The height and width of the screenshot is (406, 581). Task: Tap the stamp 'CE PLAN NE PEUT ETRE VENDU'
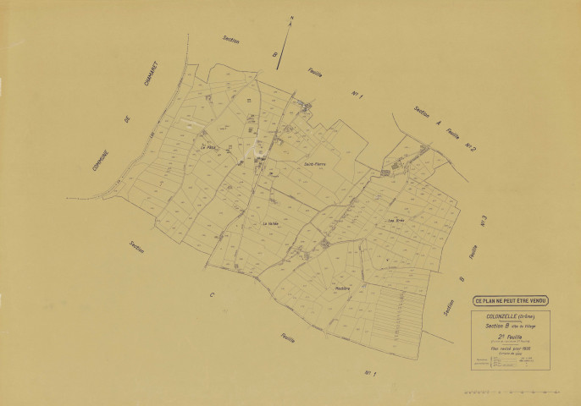(x=511, y=299)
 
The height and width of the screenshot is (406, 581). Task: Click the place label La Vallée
(x=270, y=223)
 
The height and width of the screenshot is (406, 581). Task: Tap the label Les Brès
(x=396, y=222)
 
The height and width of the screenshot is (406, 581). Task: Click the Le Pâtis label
(x=209, y=147)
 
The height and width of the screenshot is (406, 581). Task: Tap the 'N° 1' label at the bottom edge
(x=369, y=372)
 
